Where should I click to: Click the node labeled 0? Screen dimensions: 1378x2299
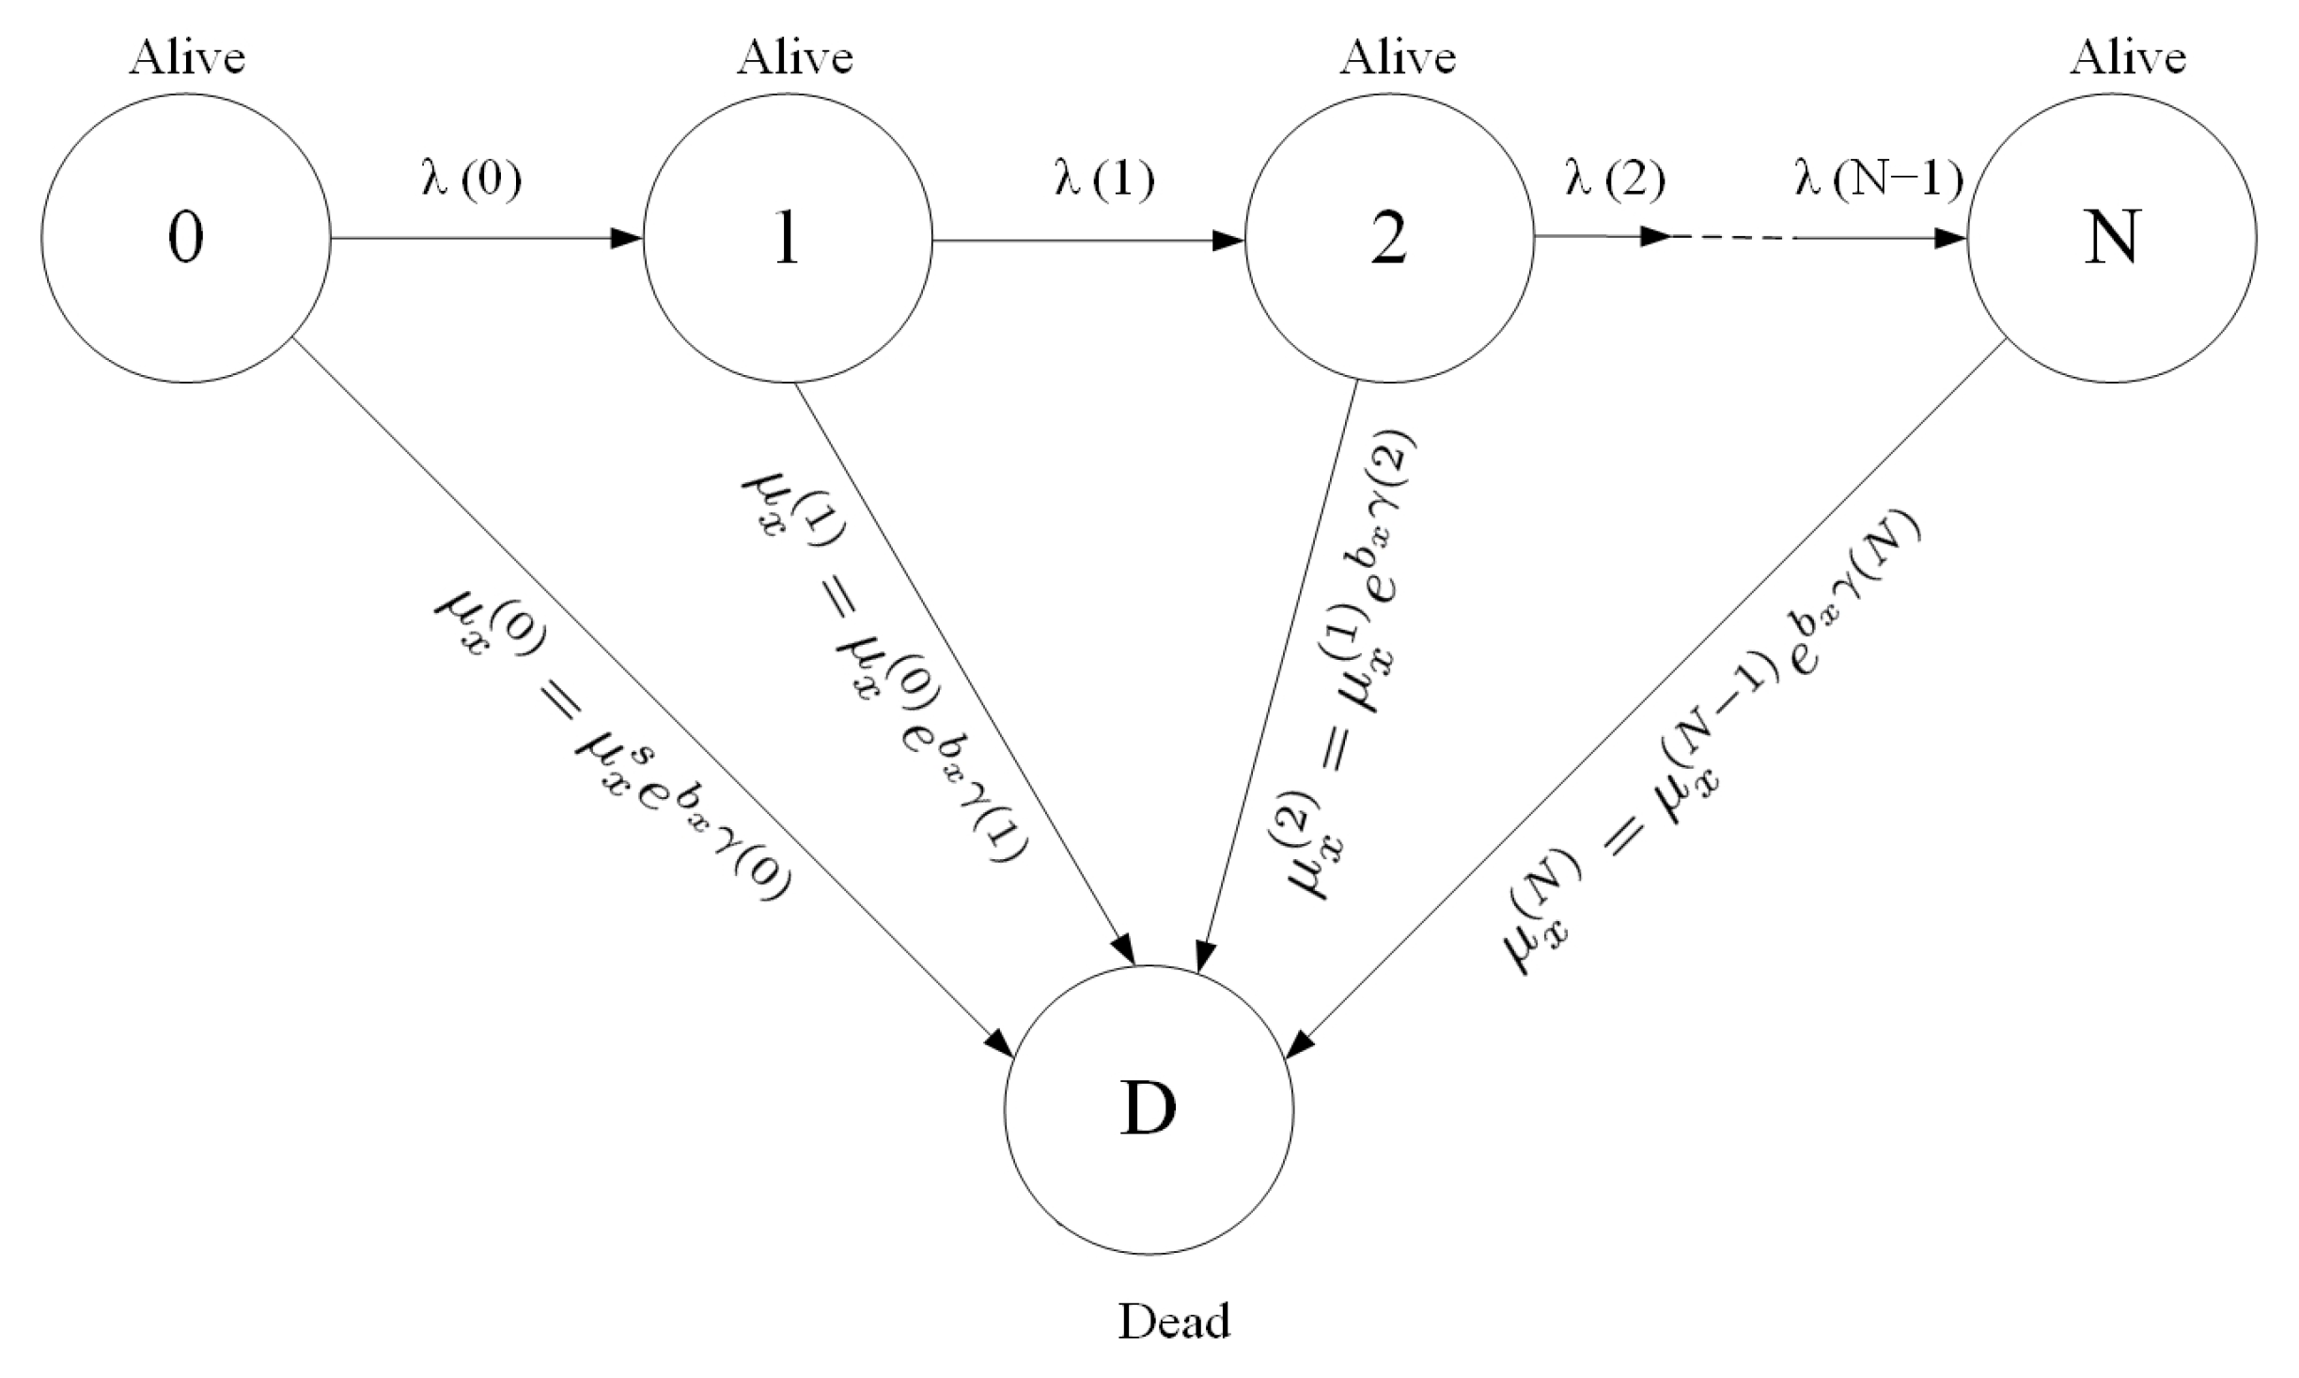(185, 239)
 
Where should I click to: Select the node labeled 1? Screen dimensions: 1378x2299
(787, 239)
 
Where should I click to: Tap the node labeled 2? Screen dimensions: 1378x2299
(1389, 239)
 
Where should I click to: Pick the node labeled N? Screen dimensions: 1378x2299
(2111, 239)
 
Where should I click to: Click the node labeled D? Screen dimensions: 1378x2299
(1149, 1109)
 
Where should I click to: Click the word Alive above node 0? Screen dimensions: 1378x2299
(187, 58)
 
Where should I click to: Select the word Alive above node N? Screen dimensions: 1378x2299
(2128, 58)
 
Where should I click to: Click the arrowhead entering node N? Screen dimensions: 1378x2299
(1950, 239)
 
